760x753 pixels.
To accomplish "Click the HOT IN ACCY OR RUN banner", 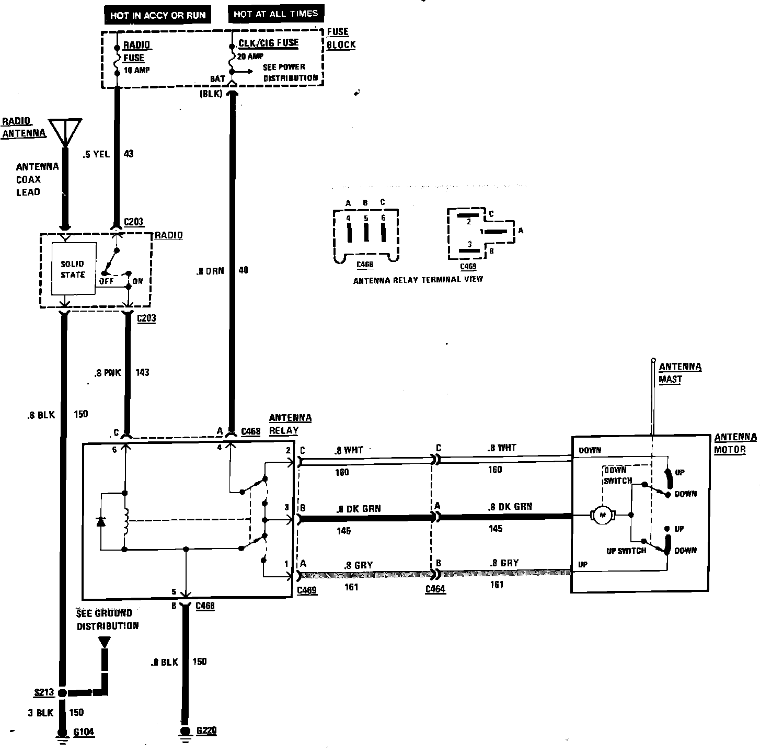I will coord(158,16).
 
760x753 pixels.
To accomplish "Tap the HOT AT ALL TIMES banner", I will coord(275,14).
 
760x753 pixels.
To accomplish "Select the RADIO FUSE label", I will coord(135,52).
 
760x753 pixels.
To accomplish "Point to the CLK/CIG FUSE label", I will coord(268,43).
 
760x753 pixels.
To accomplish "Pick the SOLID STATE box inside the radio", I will coord(73,269).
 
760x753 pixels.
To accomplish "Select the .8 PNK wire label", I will coord(108,373).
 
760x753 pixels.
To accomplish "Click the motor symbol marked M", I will coord(603,516).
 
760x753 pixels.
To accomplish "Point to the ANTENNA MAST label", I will coord(680,372).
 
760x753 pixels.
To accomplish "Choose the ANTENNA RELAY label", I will coord(290,424).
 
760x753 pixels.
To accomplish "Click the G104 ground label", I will coord(84,732).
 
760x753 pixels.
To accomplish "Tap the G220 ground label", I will coord(206,731).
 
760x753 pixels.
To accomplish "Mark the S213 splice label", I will coord(44,692).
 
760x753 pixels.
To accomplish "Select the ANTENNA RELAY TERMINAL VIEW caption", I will coord(418,280).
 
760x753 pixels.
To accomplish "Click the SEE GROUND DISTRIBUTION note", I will coord(107,619).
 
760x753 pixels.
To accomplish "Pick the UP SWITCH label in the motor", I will coord(626,551).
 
